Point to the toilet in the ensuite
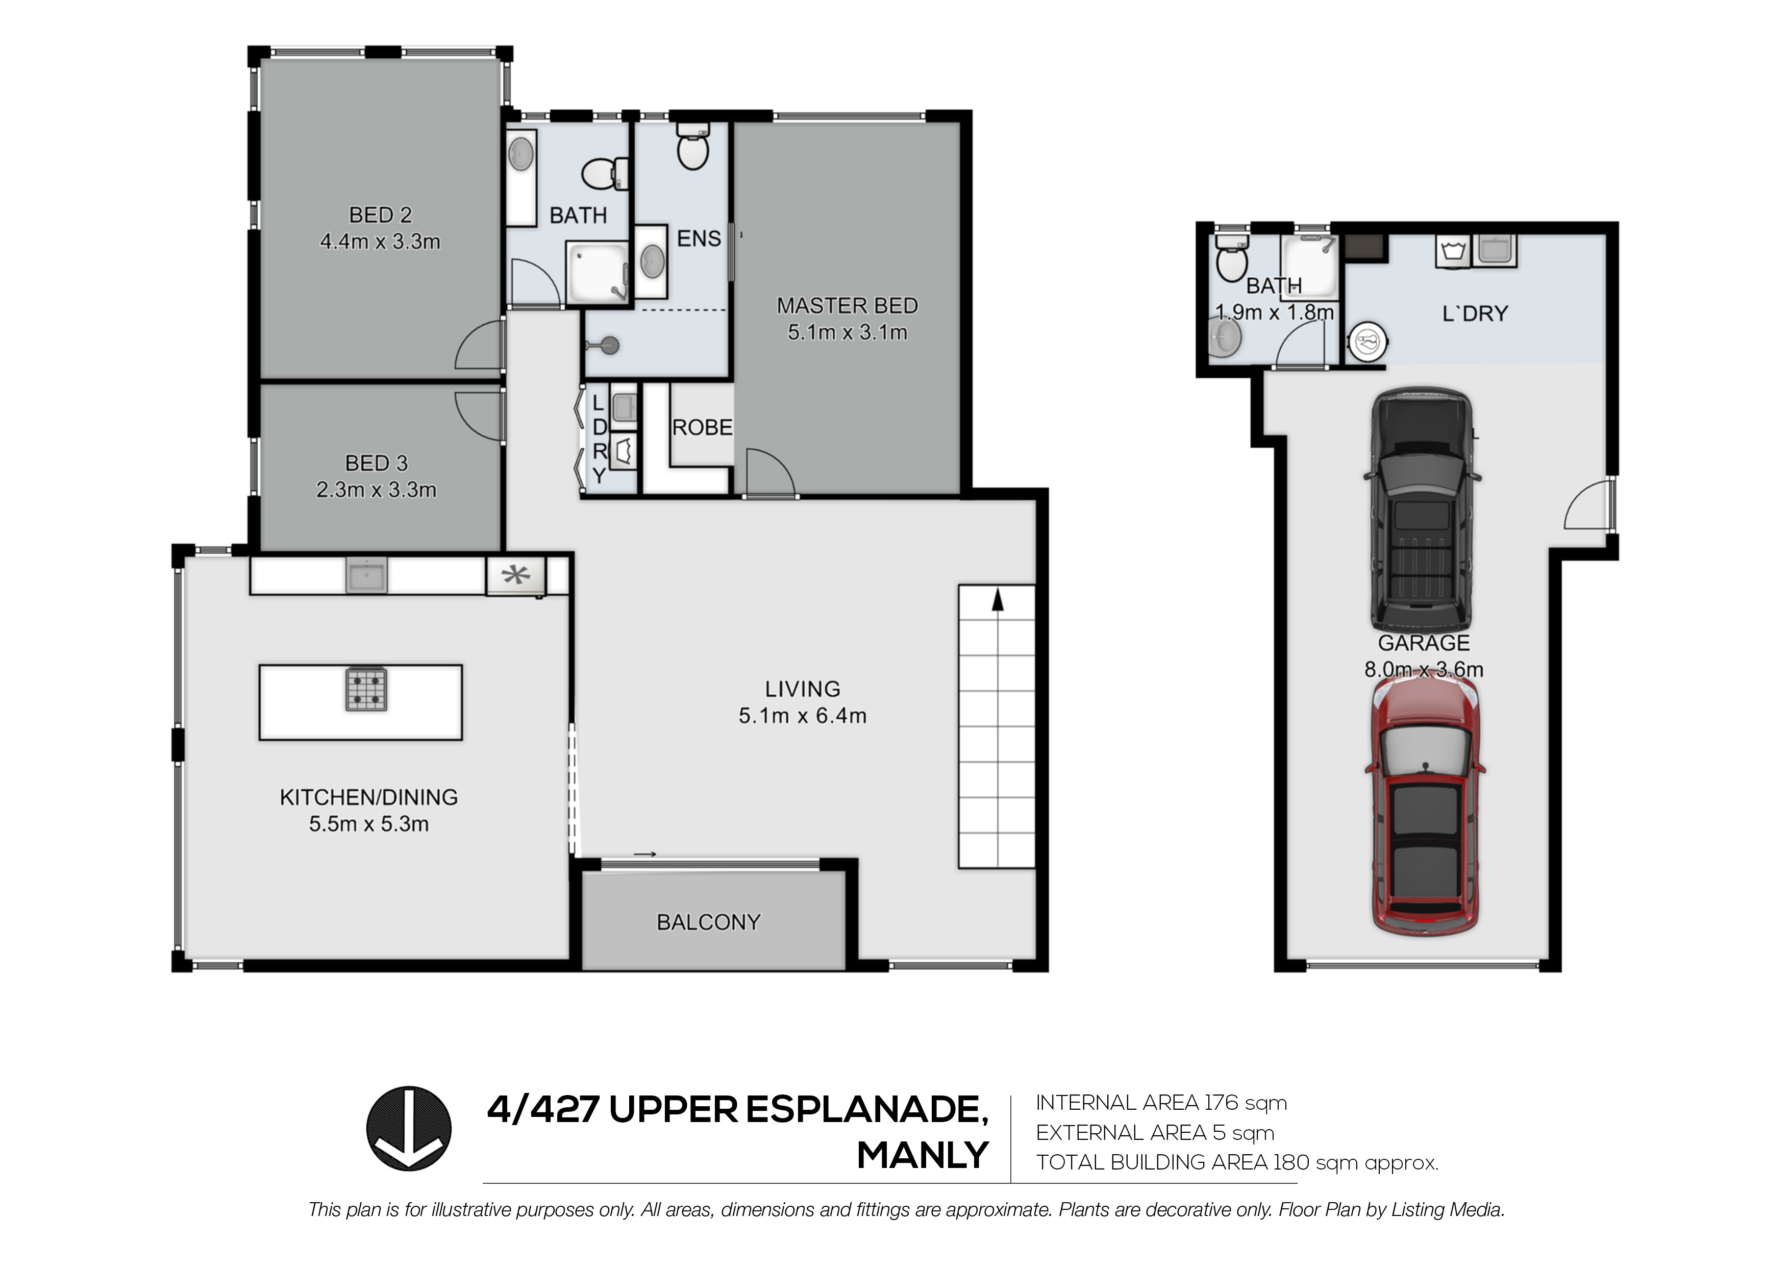693,146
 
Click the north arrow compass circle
409,1128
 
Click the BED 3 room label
377,464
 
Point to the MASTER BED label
848,306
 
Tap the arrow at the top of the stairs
997,600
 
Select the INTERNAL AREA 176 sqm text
1161,1103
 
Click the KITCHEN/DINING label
369,797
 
